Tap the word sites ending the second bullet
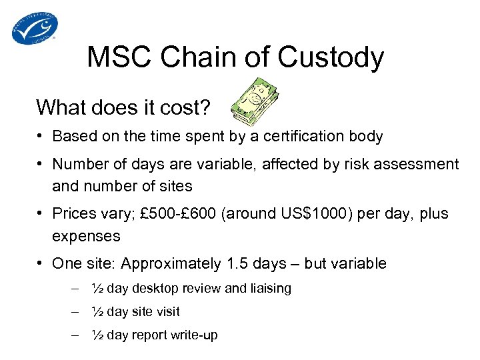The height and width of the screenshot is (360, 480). (173, 186)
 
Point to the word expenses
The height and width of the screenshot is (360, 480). (86, 236)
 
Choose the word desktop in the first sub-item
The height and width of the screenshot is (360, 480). (156, 288)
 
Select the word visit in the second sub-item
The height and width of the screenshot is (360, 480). (166, 311)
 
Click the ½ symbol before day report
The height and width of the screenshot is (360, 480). (97, 335)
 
